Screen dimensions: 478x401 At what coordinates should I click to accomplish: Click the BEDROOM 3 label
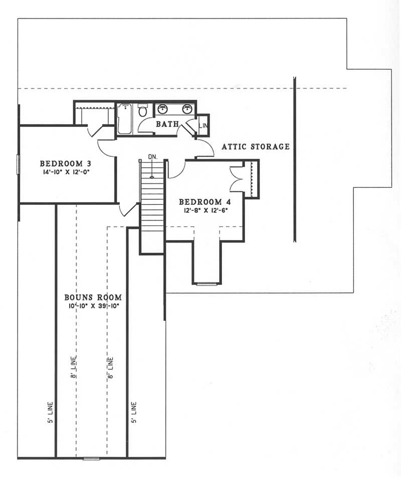(x=65, y=164)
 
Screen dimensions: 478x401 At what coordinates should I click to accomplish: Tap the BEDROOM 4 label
(x=204, y=202)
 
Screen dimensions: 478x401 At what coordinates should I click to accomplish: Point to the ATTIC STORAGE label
(x=256, y=147)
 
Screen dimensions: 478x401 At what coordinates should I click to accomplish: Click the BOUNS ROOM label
(x=93, y=297)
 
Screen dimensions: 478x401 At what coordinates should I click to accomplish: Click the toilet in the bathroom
(x=143, y=109)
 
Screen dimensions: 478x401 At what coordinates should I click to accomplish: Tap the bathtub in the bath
(x=125, y=118)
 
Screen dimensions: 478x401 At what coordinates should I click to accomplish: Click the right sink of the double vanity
(x=187, y=108)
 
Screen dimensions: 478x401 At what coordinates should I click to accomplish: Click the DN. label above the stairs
(x=153, y=157)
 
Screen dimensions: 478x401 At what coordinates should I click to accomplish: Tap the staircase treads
(x=152, y=206)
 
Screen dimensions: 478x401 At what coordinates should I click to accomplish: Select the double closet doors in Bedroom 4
(x=237, y=178)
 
